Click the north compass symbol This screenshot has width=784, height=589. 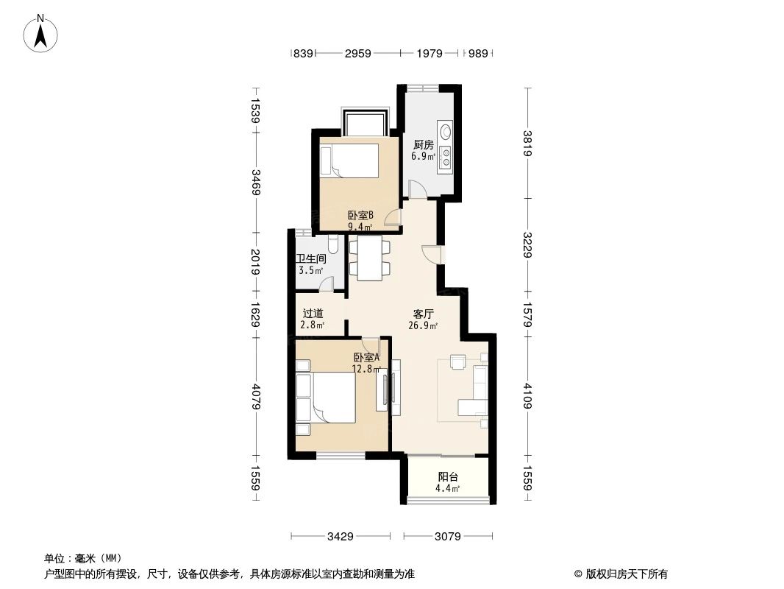(43, 33)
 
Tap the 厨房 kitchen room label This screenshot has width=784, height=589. (423, 145)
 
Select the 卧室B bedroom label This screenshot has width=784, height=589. (360, 216)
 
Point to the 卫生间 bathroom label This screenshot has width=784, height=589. (311, 259)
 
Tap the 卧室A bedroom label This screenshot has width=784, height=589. (366, 358)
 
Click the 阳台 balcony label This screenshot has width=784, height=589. (446, 477)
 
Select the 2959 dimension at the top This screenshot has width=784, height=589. (357, 53)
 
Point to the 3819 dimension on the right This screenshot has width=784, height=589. (527, 143)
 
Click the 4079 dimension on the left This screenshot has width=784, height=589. (255, 397)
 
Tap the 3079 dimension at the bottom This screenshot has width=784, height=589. (446, 537)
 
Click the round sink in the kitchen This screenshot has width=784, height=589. (445, 131)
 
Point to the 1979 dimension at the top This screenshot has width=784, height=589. (429, 53)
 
